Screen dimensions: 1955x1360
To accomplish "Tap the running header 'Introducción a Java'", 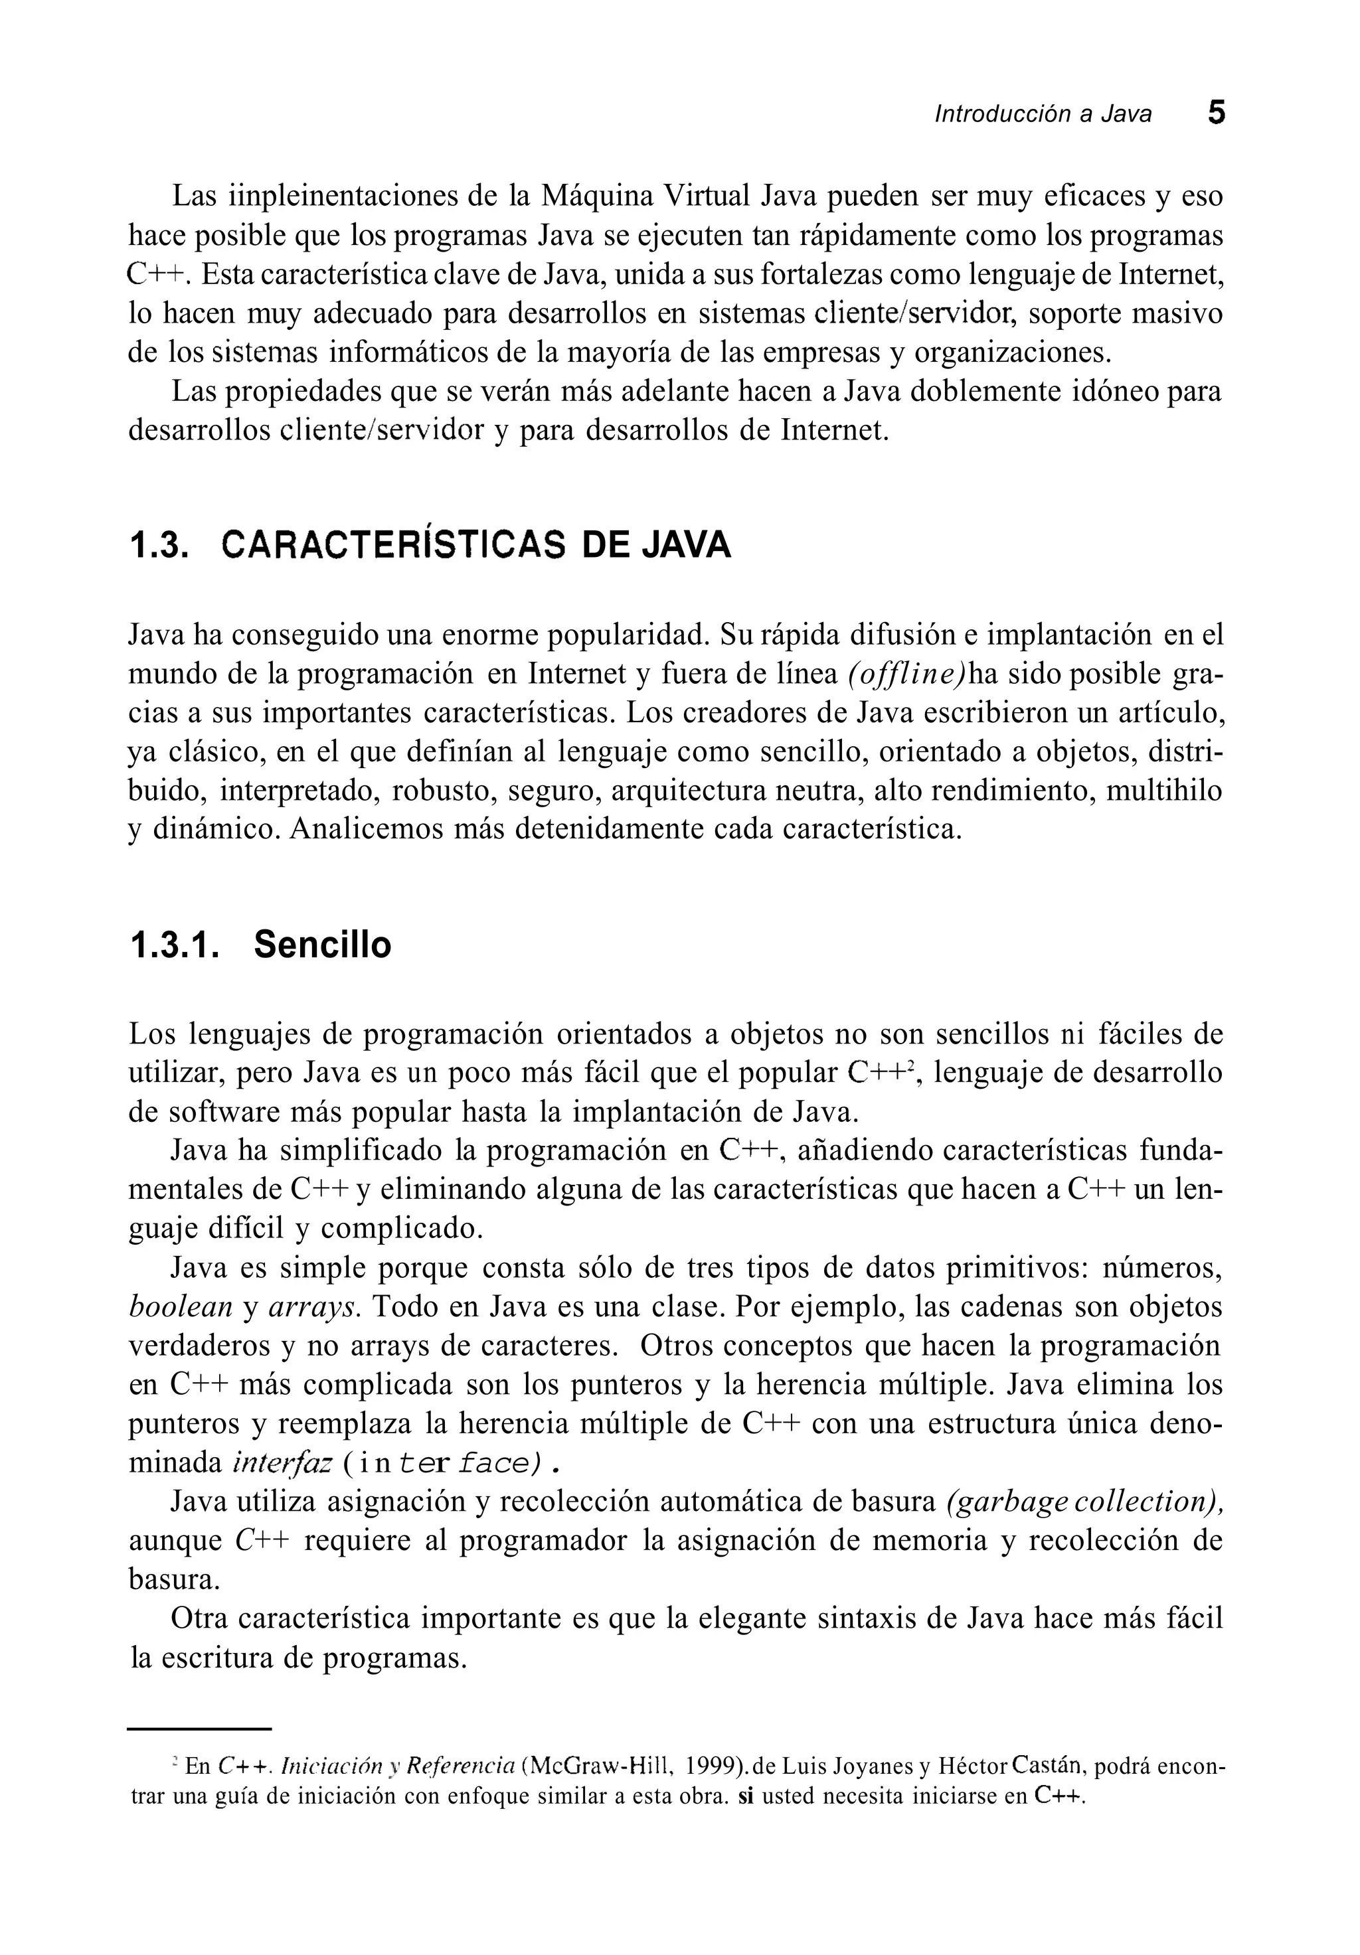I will coord(1043,114).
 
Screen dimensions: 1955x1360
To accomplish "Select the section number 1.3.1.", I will coord(175,945).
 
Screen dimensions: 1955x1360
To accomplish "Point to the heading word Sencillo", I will coord(322,945).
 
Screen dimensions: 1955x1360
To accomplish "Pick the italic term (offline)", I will coord(908,674).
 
